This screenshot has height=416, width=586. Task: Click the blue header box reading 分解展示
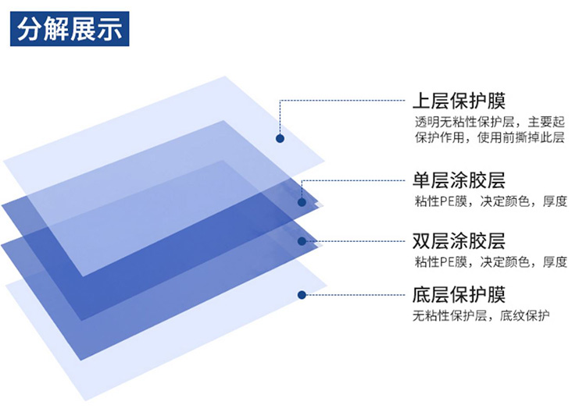70,29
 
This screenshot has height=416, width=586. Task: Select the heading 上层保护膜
459,101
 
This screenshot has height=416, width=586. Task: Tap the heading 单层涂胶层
459,180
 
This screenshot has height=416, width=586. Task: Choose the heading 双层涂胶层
459,241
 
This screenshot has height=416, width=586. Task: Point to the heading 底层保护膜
459,295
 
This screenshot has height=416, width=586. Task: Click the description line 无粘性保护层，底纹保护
481,316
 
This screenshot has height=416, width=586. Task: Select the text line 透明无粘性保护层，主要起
490,122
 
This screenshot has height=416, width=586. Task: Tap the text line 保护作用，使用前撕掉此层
490,137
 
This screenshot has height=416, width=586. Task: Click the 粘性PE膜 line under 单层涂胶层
491,201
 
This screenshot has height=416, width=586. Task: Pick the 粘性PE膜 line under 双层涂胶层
491,261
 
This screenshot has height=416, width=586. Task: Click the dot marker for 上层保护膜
280,139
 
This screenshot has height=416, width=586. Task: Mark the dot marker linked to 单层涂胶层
302,202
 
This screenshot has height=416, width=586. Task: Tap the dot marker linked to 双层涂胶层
302,241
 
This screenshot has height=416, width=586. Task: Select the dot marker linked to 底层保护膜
302,295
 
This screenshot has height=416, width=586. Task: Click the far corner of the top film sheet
225,76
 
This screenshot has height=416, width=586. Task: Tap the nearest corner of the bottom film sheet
86,400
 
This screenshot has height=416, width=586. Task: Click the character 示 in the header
110,29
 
